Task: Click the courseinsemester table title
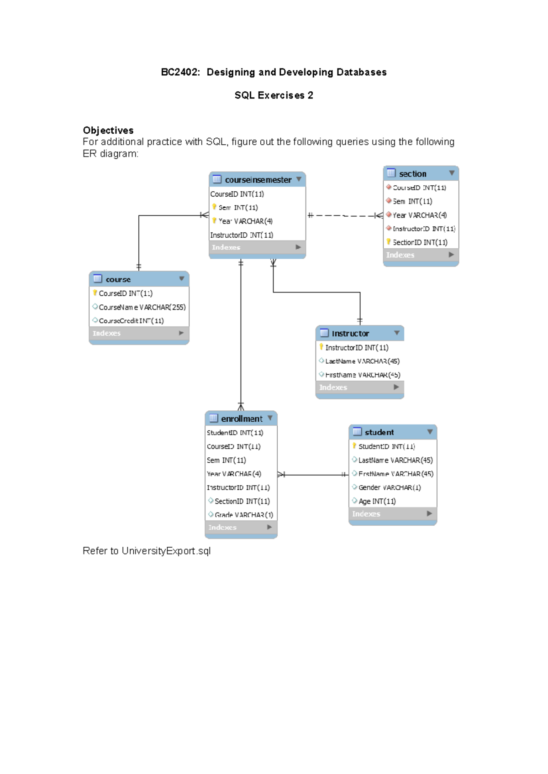(x=258, y=180)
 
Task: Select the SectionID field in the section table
(x=420, y=242)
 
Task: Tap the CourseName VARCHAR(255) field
(x=142, y=307)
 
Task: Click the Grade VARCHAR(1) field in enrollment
(x=243, y=515)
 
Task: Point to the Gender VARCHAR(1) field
(x=389, y=487)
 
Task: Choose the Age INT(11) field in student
(x=377, y=501)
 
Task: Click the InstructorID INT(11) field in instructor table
(x=356, y=348)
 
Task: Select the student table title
(x=379, y=432)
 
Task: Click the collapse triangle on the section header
(x=452, y=173)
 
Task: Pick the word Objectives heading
(x=108, y=131)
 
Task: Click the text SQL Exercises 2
(x=274, y=95)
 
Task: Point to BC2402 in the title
(x=180, y=72)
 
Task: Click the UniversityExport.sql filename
(x=166, y=551)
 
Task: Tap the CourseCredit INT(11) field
(x=131, y=321)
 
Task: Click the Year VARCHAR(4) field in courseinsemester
(x=245, y=221)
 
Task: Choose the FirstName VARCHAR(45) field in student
(x=395, y=474)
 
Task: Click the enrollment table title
(x=241, y=418)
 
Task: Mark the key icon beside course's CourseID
(x=95, y=293)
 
